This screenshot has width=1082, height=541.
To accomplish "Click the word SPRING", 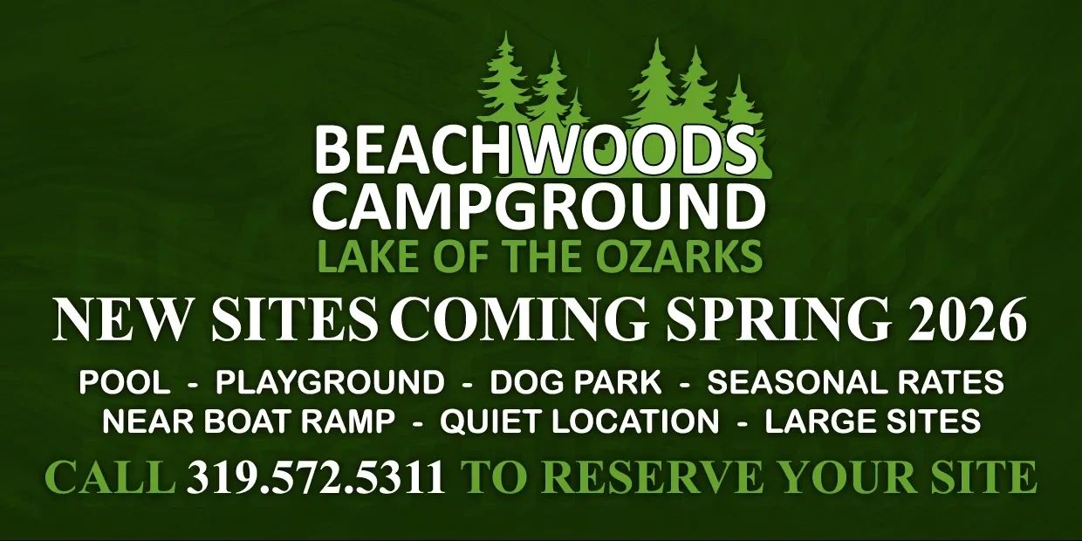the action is (777, 320).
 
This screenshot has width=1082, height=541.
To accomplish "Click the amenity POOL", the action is (125, 382).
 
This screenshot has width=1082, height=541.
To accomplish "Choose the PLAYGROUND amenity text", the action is (330, 382).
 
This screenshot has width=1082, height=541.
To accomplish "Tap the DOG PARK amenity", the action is (576, 382).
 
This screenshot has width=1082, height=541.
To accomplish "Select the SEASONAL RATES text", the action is (856, 382).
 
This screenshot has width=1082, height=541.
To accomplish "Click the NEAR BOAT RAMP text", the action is (249, 421).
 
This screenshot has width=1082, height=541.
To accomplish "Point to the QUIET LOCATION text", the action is (579, 421).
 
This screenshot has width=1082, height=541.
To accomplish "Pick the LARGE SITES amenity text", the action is (873, 421).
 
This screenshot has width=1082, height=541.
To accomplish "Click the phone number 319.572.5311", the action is (317, 477).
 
